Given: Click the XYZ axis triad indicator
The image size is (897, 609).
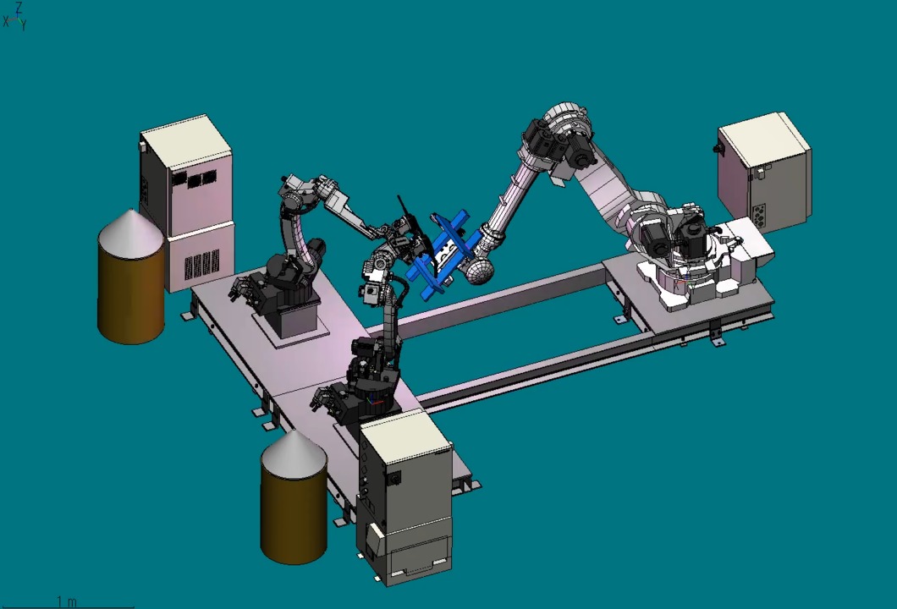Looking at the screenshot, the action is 15,16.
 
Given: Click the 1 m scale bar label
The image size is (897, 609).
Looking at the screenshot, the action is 66,601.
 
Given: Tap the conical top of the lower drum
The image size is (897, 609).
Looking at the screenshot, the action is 294,453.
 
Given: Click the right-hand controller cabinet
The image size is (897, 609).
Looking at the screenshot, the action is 764,171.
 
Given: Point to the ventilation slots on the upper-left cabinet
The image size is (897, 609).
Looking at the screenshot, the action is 201,264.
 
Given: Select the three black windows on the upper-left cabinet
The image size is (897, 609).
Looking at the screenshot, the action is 195,178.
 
